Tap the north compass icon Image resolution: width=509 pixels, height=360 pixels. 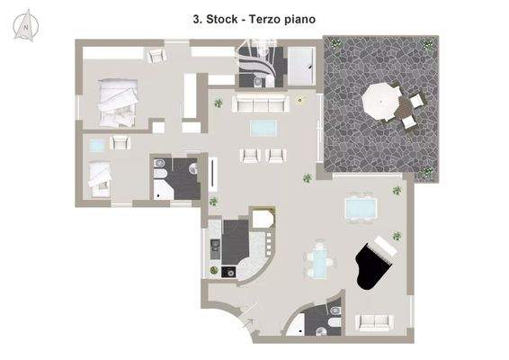click(x=26, y=25)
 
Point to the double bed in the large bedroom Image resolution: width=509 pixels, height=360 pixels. click(x=117, y=101)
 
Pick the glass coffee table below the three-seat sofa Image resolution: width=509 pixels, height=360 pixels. click(x=263, y=128)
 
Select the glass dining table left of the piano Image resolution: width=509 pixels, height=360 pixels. click(x=319, y=261)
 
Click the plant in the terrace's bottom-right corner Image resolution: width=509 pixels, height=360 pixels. click(x=429, y=170)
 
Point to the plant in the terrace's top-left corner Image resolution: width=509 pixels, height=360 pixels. click(x=335, y=42)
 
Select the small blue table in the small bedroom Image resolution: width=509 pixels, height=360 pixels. click(x=95, y=144)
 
